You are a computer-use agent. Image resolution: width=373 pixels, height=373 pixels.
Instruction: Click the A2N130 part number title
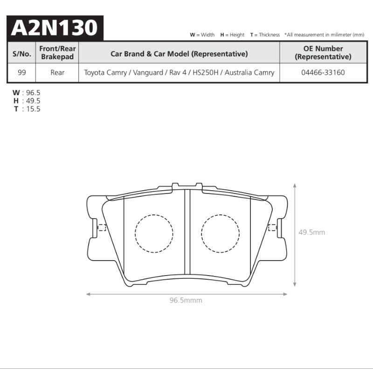(x=55, y=28)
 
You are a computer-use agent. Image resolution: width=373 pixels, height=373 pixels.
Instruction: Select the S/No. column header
(x=21, y=54)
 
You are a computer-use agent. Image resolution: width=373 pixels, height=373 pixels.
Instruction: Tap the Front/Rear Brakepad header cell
(x=57, y=53)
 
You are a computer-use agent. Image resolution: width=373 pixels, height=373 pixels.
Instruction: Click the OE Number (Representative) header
(x=323, y=53)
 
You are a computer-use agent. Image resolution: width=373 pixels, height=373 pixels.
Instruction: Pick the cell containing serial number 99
(x=21, y=72)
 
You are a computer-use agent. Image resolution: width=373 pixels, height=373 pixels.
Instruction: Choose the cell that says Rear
(x=57, y=72)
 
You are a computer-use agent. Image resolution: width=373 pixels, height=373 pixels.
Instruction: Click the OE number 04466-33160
(x=323, y=72)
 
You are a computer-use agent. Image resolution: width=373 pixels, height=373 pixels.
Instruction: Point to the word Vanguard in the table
(x=148, y=73)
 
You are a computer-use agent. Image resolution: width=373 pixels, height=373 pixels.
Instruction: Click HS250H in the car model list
(x=205, y=72)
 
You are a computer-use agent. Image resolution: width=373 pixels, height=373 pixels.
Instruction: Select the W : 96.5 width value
(x=27, y=92)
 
